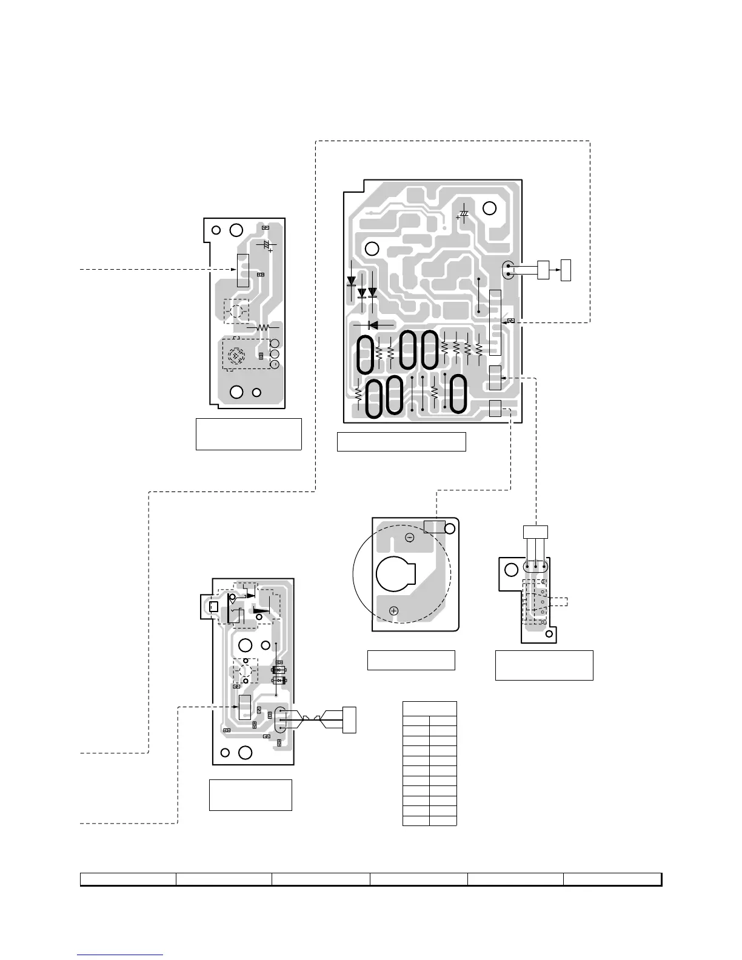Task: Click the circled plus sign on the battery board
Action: tap(394, 610)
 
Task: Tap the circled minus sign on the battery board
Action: tap(409, 538)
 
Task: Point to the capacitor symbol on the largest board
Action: tap(463, 215)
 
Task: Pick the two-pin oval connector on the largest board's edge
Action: tap(508, 270)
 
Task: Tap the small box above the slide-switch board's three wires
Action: tap(535, 532)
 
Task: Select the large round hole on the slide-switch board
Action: tap(512, 568)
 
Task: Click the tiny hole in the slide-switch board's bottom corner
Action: tap(549, 634)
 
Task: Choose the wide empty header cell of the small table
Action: tap(429, 708)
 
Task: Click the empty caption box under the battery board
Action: tap(411, 660)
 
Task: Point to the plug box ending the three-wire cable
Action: tap(349, 719)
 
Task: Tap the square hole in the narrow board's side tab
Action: tap(212, 607)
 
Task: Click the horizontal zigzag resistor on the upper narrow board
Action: tap(263, 327)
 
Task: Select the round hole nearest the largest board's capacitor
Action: tap(489, 208)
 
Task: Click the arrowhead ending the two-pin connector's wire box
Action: tap(558, 270)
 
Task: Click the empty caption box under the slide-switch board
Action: tap(544, 665)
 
